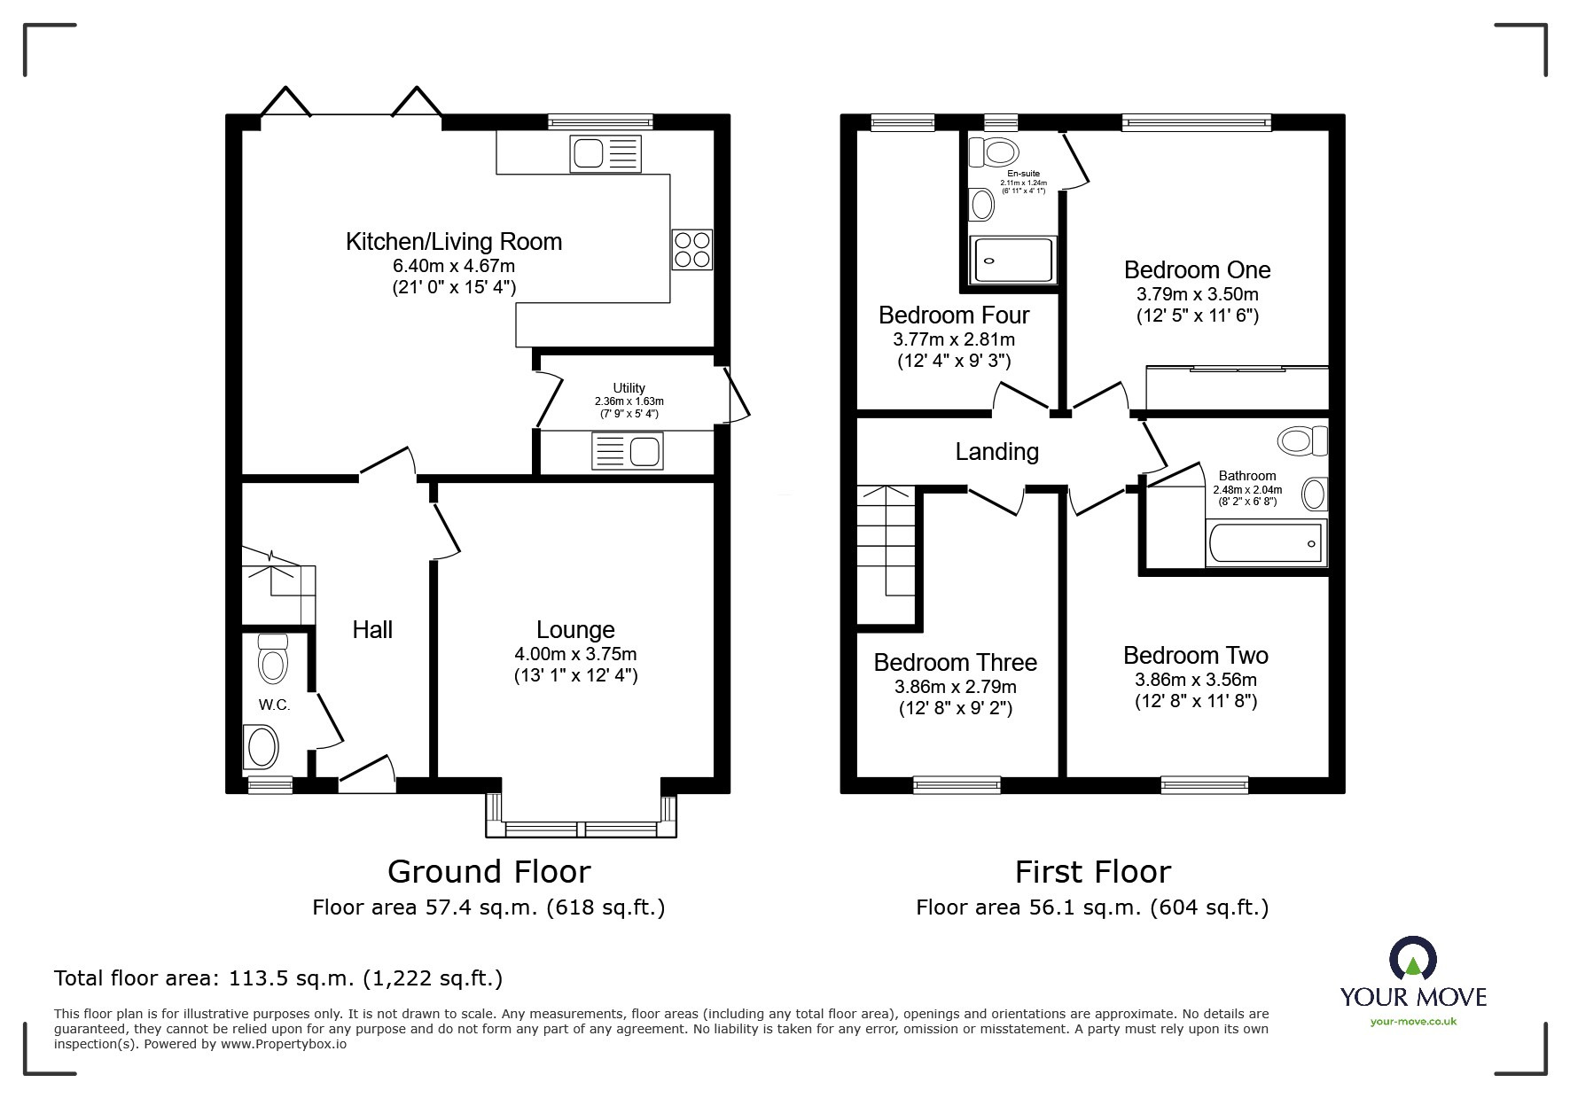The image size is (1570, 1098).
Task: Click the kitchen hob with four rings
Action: tap(692, 248)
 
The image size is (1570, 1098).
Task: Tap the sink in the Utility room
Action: tap(627, 451)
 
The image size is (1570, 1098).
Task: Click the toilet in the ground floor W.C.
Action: tap(273, 658)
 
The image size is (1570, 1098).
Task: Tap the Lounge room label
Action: tap(575, 630)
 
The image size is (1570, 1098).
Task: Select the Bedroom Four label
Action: tap(954, 315)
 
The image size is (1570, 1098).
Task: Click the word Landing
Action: tap(996, 452)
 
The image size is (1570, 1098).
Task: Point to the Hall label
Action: tap(372, 630)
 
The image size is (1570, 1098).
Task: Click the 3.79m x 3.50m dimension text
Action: tap(1197, 294)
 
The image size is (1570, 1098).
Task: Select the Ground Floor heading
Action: tap(488, 872)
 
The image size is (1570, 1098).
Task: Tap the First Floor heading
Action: tap(1092, 872)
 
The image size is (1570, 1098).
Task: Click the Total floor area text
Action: tap(277, 978)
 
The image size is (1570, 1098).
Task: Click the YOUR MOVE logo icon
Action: tap(1412, 959)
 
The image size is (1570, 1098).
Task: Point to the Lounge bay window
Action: tap(582, 829)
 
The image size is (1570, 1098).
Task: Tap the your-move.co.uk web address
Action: tap(1413, 1022)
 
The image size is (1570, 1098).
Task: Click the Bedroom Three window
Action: tap(957, 783)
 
